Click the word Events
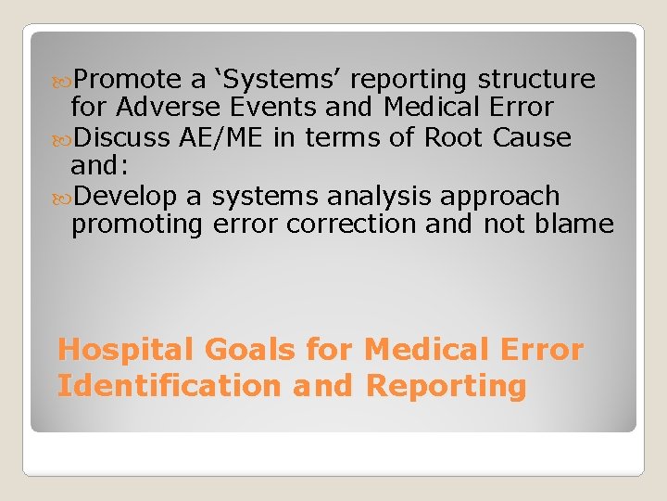tap(277, 108)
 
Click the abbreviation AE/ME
tap(220, 137)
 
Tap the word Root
tap(453, 137)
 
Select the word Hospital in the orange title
tap(126, 351)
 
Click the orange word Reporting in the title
tap(447, 385)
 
